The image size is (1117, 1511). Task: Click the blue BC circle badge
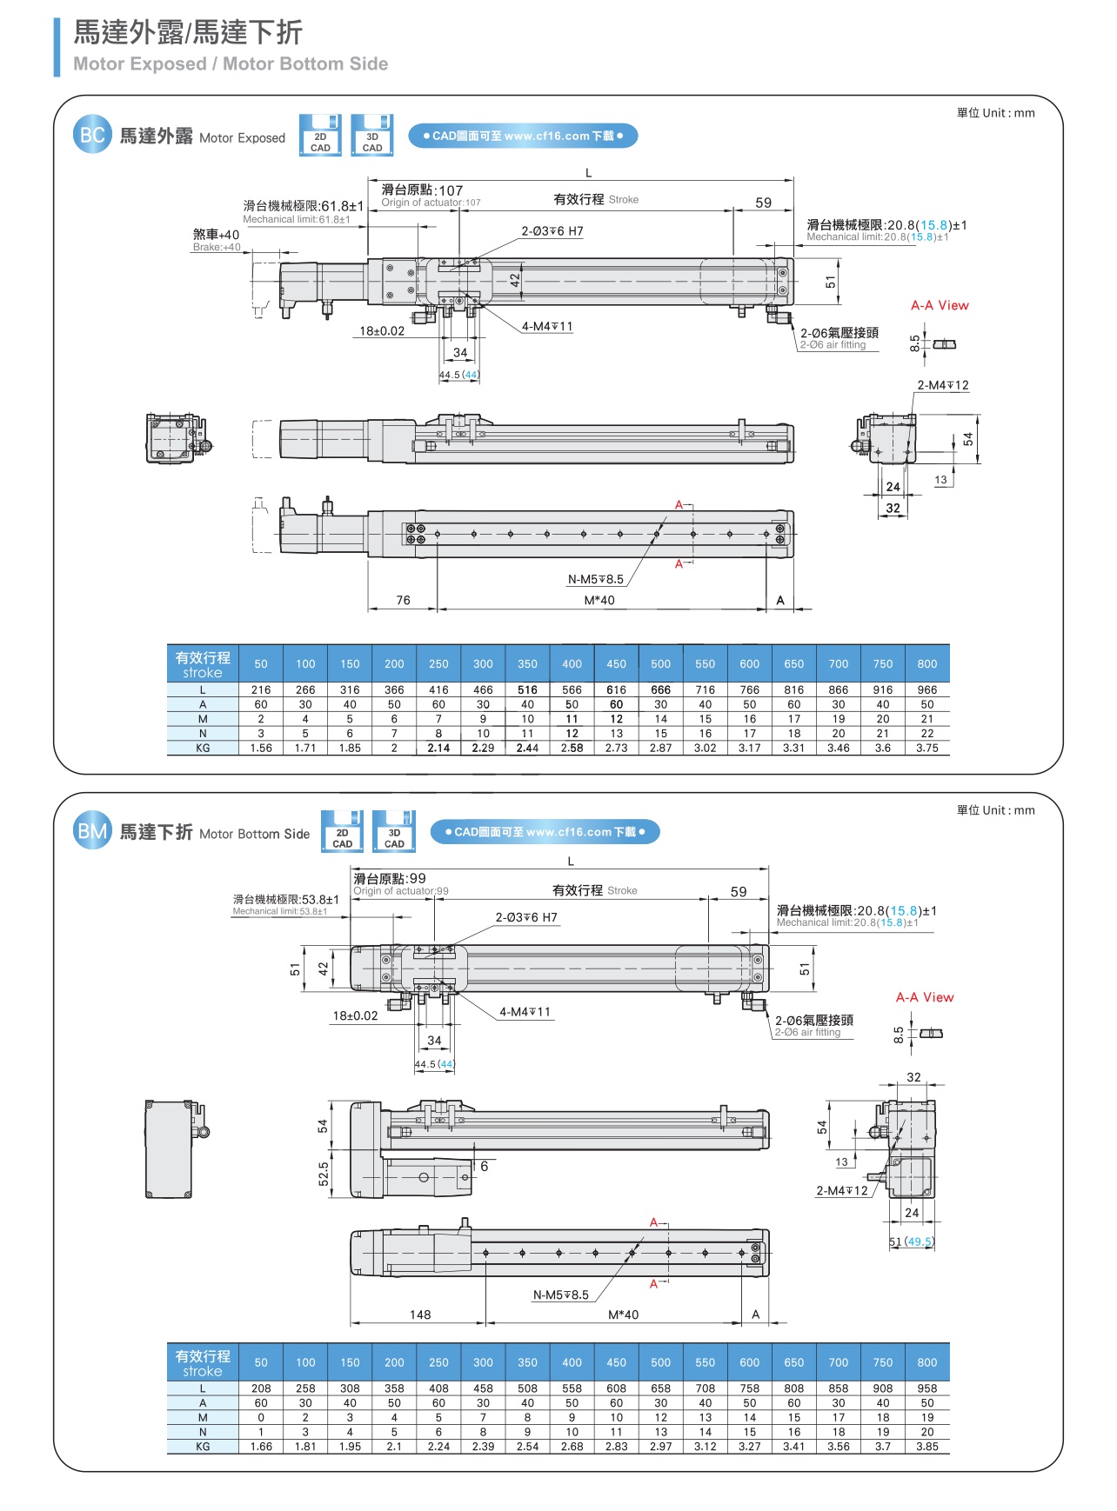pos(92,135)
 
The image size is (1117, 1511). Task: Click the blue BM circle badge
pos(92,832)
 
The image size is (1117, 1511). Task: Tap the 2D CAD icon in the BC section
pos(320,136)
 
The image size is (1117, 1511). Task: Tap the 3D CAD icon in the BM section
pos(394,832)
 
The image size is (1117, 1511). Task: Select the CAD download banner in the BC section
pos(523,136)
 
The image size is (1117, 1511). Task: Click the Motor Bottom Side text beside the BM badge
pos(254,834)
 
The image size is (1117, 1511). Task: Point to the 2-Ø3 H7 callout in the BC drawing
pos(552,231)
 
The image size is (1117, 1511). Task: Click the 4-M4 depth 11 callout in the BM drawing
pos(525,1012)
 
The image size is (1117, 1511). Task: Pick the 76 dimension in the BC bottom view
pos(403,600)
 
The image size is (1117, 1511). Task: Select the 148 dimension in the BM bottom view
pos(420,1315)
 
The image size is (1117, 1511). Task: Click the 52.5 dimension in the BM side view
pos(324,1174)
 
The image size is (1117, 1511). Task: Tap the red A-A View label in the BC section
pos(940,305)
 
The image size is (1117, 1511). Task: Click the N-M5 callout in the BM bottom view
pos(561,1295)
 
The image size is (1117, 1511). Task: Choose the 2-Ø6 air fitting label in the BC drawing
pos(839,337)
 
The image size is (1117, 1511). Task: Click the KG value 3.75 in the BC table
pos(927,748)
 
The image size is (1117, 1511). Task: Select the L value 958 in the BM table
pos(927,1388)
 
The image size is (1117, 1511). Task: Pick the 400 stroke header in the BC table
pos(572,663)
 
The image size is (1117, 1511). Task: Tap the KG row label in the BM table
pos(203,1447)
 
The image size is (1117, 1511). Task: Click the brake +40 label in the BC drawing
pos(216,239)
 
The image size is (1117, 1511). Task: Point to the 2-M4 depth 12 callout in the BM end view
pos(842,1191)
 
